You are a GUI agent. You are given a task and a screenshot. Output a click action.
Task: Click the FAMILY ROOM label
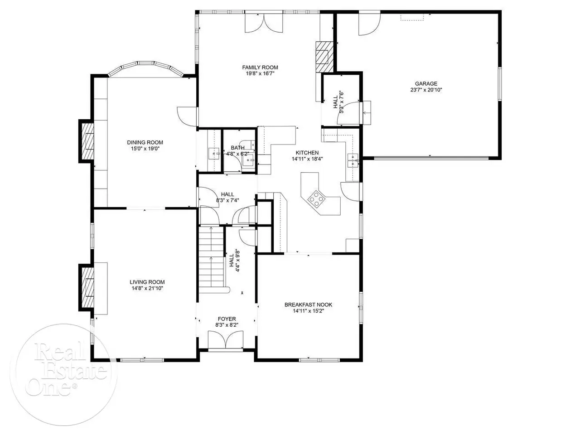click(260, 68)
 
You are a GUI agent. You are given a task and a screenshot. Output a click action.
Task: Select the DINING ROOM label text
click(145, 143)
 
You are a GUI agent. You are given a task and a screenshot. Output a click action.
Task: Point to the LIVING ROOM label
click(147, 282)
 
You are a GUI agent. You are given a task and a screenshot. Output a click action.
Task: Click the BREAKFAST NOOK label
click(309, 304)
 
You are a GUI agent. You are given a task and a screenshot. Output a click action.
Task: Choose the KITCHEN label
click(307, 153)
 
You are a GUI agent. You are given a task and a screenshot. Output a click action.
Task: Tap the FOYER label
click(227, 319)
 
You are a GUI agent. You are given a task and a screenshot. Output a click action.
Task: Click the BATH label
click(237, 148)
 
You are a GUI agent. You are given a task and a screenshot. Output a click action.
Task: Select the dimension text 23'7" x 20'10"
click(426, 90)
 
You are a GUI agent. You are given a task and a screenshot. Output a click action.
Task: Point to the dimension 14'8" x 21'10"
click(147, 288)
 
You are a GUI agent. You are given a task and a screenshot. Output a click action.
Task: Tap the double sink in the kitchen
click(353, 160)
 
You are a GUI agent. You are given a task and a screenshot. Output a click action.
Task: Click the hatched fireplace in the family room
click(324, 57)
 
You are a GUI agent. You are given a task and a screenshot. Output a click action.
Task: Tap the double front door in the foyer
click(225, 341)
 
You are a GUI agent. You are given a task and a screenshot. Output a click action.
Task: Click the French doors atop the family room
click(264, 23)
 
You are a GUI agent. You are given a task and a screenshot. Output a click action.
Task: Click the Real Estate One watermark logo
click(63, 375)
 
